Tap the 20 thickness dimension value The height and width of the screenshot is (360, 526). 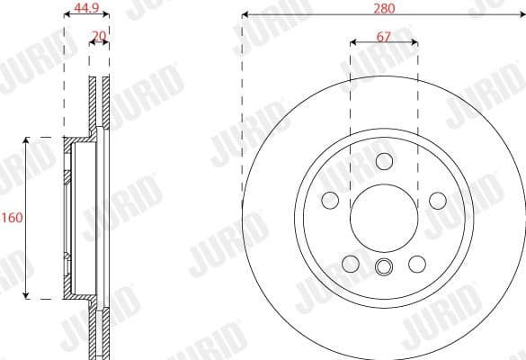click(x=99, y=38)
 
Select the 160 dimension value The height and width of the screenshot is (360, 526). click(x=12, y=218)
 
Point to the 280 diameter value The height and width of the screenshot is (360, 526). click(x=383, y=8)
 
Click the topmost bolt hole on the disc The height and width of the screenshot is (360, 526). click(x=384, y=161)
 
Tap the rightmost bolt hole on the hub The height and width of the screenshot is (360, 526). click(x=438, y=200)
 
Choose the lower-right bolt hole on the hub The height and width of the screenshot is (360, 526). click(x=416, y=264)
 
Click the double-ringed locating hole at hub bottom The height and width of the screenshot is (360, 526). click(x=384, y=266)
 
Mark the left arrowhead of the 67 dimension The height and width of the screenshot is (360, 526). click(x=352, y=42)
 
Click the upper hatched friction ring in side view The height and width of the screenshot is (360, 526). click(x=99, y=108)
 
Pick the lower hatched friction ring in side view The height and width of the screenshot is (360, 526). click(x=99, y=328)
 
